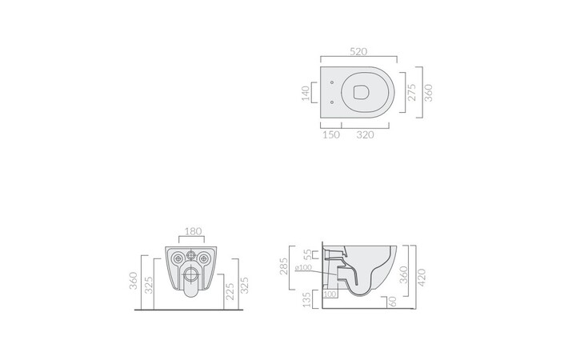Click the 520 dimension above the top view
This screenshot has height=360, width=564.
358,52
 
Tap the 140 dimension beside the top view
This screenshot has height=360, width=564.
306,93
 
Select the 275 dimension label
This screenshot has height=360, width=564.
412,93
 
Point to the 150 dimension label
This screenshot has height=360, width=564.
331,135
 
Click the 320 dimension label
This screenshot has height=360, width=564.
365,135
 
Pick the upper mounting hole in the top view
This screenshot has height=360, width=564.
332,82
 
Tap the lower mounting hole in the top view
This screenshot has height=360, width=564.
332,102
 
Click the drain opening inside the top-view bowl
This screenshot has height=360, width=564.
361,92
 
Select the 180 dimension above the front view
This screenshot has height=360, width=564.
193,232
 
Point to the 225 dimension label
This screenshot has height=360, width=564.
230,291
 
